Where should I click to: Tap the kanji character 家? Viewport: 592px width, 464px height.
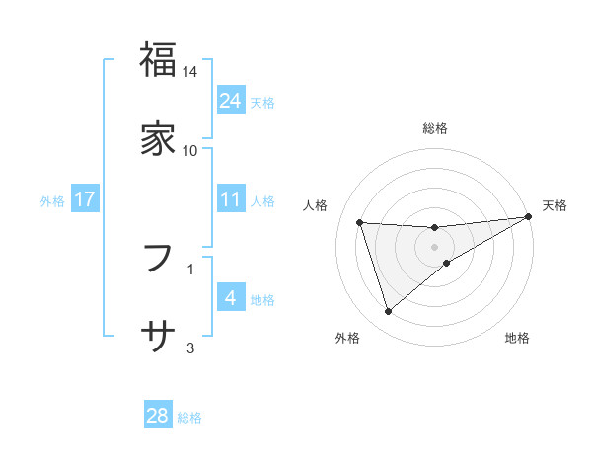pos(158,137)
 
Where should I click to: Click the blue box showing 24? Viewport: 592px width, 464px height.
pos(230,101)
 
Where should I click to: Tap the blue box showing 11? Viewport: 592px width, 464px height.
pos(230,199)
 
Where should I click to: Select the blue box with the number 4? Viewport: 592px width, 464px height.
pos(230,298)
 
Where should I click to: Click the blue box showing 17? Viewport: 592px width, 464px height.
pos(85,199)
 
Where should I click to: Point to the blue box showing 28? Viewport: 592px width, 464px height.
pos(158,416)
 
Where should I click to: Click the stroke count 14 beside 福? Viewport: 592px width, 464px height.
pos(190,72)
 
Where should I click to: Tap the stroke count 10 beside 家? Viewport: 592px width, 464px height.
pos(190,151)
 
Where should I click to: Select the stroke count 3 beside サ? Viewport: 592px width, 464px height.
pos(190,348)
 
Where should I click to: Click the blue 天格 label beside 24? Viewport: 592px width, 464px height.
pos(262,102)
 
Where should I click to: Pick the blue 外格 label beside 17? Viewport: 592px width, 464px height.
pos(52,200)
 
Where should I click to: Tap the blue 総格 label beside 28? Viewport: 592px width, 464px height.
pos(189,417)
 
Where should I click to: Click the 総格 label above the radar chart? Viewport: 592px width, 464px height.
pos(435,128)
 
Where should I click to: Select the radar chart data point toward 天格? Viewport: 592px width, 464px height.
pos(529,217)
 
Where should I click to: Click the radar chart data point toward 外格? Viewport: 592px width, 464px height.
pos(388,312)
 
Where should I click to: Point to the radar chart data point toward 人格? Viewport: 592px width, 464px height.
pos(360,222)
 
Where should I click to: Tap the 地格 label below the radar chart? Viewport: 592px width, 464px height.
pos(517,339)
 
